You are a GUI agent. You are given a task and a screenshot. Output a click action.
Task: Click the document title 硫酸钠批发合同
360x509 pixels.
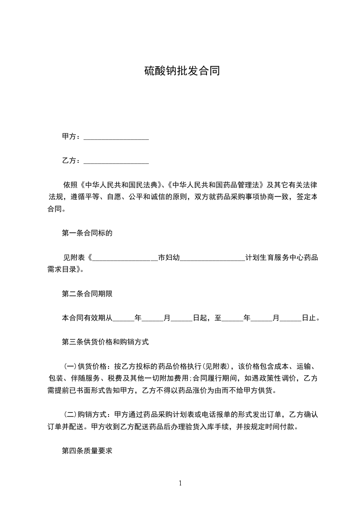tap(182, 71)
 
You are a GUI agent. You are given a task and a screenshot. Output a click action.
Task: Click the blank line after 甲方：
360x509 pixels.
tap(116, 137)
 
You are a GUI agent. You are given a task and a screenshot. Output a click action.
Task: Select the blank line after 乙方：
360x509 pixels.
tap(116, 161)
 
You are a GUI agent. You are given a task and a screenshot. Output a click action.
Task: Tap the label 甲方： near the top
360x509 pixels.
tap(72, 137)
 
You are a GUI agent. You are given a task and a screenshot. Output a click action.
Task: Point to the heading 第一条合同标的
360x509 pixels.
tap(87, 234)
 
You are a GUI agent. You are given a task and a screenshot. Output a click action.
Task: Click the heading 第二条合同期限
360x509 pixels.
tap(87, 294)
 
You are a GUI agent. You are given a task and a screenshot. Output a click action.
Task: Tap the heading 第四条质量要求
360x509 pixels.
tap(87, 451)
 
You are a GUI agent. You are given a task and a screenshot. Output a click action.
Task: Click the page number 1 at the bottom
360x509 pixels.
tap(180, 483)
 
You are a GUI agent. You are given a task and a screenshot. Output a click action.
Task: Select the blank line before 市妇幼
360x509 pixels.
tap(125, 258)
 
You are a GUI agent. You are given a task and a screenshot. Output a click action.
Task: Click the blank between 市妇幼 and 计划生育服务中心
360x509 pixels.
tap(212, 258)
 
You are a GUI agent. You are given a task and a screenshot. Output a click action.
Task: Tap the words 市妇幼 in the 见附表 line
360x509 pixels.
tap(169, 258)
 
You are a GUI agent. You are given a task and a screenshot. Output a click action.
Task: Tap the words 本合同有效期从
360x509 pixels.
tap(87, 318)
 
